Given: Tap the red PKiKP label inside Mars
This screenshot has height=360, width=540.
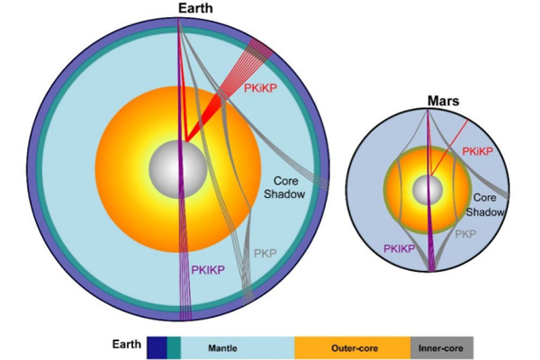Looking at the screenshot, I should [479, 152].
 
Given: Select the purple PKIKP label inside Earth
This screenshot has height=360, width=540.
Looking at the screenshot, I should [206, 269].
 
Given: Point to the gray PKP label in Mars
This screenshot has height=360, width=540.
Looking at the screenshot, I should [464, 233].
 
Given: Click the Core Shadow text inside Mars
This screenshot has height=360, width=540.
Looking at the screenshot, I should [485, 203].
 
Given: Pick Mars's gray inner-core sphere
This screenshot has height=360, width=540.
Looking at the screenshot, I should [427, 190].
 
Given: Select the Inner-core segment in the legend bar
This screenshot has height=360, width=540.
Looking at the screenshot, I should [441, 347].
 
